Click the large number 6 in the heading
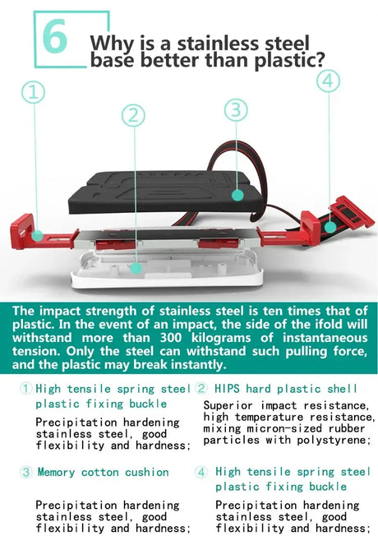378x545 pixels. pyautogui.click(x=54, y=38)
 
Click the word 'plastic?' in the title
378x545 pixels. pyautogui.click(x=285, y=59)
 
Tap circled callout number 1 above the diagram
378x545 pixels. pyautogui.click(x=34, y=92)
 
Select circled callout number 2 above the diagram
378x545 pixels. pyautogui.click(x=134, y=116)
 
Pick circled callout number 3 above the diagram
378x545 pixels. pyautogui.click(x=236, y=109)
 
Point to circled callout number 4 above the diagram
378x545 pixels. pyautogui.click(x=327, y=81)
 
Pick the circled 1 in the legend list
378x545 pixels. pyautogui.click(x=25, y=388)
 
